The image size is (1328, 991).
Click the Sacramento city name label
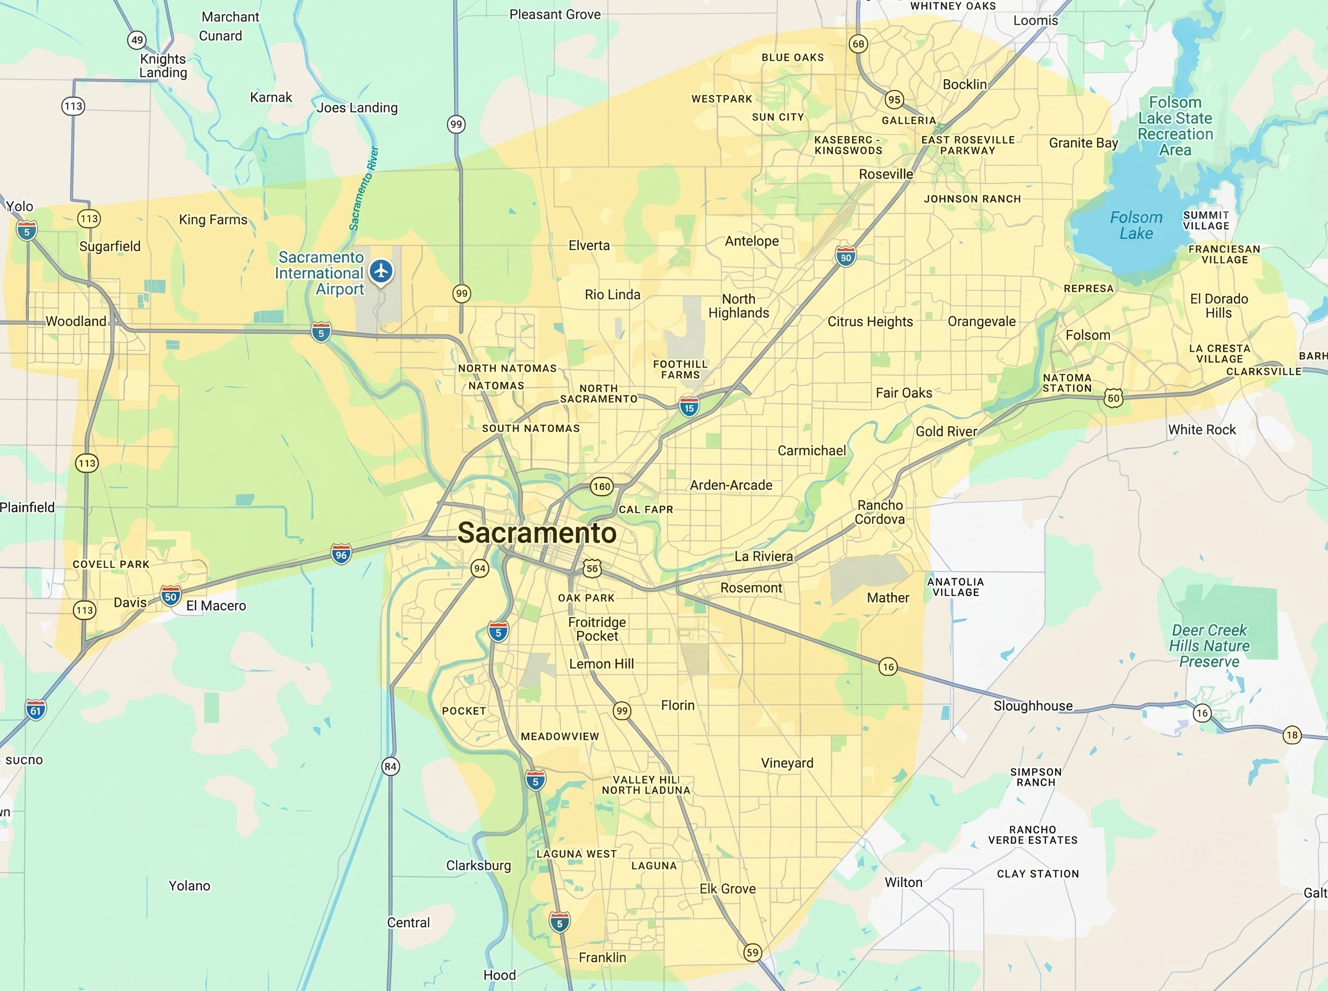pos(537,533)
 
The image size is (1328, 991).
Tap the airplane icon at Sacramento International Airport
pos(381,271)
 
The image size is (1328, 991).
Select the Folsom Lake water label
pos(1135,226)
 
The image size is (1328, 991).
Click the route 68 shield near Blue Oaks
pos(858,44)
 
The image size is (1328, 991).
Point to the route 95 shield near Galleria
pos(894,100)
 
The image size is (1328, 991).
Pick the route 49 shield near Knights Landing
pos(137,40)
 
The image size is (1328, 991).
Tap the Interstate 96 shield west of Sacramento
pos(341,555)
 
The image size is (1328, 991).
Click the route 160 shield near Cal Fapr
pos(601,487)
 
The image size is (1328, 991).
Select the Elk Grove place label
pos(727,889)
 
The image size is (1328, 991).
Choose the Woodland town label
pos(76,321)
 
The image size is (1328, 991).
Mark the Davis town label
pos(130,602)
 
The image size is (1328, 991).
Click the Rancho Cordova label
pos(880,512)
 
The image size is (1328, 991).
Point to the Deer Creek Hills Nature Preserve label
pos(1209,646)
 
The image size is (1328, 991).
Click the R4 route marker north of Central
pos(391,766)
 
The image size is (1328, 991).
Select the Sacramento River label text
pos(364,189)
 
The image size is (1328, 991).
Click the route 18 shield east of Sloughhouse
pos(1291,735)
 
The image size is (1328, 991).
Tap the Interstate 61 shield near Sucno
pos(36,711)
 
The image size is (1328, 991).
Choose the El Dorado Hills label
pos(1219,306)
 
